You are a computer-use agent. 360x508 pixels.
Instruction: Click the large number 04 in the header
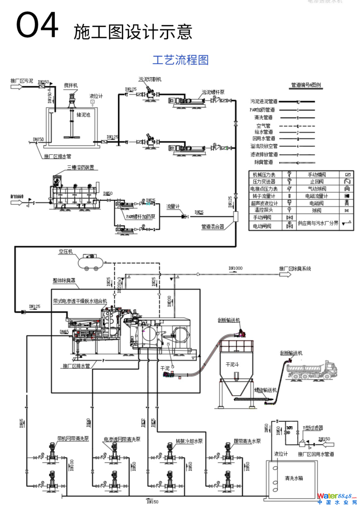coord(37,25)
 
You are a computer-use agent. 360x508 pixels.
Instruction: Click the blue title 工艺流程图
coord(180,60)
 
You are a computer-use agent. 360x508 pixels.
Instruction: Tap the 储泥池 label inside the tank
coord(83,115)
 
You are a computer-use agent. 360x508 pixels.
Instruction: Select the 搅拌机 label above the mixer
coord(71,86)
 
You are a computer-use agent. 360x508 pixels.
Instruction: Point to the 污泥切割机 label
coord(150,79)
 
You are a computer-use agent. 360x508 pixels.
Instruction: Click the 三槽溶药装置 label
coord(81,167)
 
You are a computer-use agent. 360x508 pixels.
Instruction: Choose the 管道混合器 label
coord(213,227)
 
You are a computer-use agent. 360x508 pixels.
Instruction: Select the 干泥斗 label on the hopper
coord(232,364)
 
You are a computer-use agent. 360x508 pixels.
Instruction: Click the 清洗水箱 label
coord(294,478)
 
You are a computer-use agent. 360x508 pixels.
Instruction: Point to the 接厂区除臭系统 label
coord(295,268)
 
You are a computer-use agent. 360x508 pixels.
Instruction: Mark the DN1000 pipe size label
coord(235,268)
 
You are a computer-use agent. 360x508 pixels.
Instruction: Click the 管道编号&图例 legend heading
coord(306,85)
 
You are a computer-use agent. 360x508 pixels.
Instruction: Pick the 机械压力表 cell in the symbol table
coord(264,175)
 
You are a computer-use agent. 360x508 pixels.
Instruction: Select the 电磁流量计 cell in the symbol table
coord(317,196)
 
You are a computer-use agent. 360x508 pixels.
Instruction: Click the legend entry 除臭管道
coord(264,162)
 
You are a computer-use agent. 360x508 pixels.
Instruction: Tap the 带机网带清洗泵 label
coord(73,439)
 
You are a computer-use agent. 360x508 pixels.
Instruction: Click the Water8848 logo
coord(337,498)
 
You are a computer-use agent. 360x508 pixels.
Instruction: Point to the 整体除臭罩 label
coord(64,280)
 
